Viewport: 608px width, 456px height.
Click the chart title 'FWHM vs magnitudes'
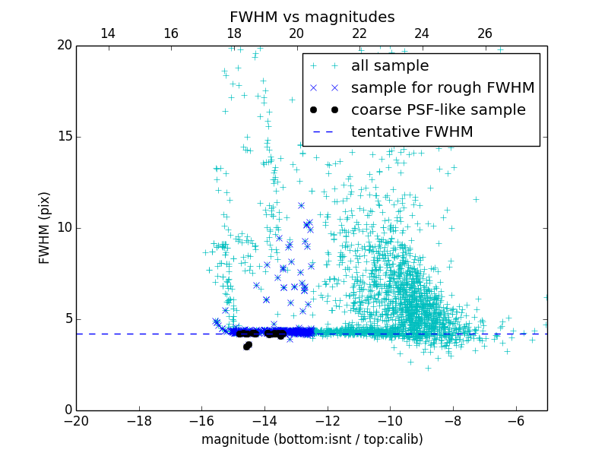click(x=312, y=17)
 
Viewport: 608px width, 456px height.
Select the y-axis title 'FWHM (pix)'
click(x=45, y=228)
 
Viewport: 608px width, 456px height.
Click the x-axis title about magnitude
click(x=312, y=439)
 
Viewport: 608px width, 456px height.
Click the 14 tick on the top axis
click(x=108, y=33)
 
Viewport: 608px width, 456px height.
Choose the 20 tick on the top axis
click(x=296, y=33)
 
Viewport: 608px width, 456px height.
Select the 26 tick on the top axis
click(x=485, y=33)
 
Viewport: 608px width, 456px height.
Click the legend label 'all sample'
click(x=390, y=66)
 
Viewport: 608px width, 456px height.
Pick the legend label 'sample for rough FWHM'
click(x=442, y=88)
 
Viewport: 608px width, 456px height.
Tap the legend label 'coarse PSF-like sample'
click(x=438, y=110)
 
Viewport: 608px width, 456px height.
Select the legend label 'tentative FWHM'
click(x=412, y=132)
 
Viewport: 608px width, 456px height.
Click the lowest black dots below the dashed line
click(x=247, y=346)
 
